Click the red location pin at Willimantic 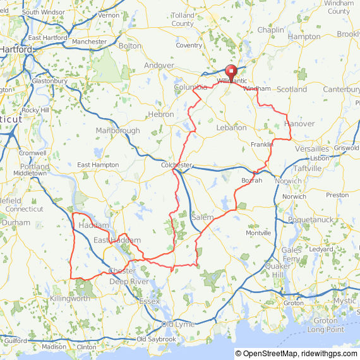(x=231, y=71)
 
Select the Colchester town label (x=176, y=165)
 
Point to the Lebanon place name (x=231, y=128)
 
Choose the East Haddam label (x=117, y=241)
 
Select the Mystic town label (x=345, y=301)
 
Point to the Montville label (x=258, y=233)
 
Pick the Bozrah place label (x=251, y=181)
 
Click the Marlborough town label (x=118, y=131)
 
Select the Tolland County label (x=183, y=20)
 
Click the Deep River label (x=128, y=281)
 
